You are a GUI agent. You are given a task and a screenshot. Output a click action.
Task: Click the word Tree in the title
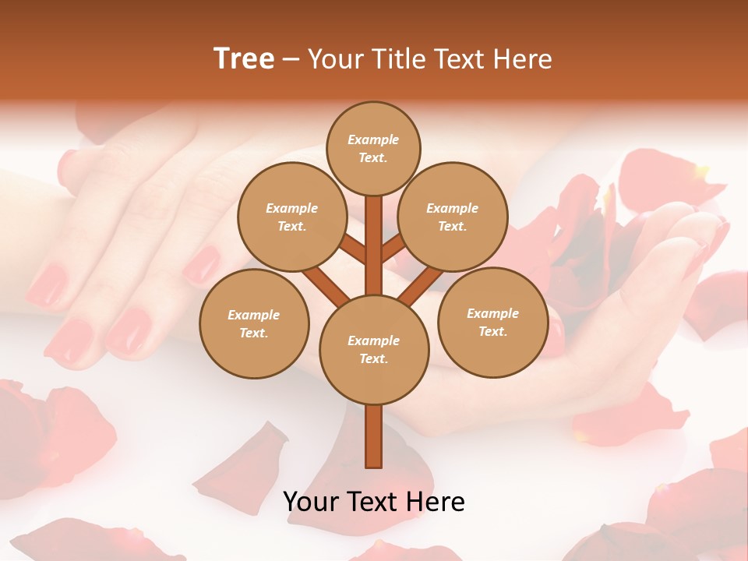pos(244,58)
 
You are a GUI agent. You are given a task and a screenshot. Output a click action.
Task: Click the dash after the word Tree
pos(291,60)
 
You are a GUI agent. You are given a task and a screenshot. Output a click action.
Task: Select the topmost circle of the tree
pos(373,148)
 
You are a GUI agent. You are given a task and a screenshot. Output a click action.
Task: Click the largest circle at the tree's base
pos(374,350)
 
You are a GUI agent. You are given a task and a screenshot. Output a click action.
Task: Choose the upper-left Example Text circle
pos(292,217)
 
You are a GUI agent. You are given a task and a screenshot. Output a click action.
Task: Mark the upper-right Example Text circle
pos(453,217)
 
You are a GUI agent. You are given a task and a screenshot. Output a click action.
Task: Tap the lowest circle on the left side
pos(254,323)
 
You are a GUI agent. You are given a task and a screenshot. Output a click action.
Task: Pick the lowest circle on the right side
pos(492,322)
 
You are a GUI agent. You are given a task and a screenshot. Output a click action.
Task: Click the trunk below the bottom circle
pos(374,436)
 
